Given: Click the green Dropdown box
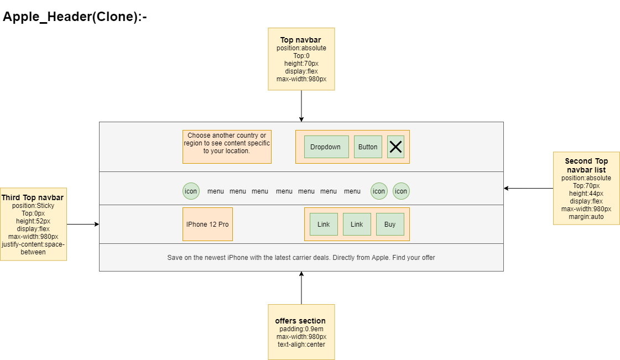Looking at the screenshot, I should [326, 147].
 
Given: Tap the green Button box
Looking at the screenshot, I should [368, 147].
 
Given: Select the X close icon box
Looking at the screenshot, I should [395, 147].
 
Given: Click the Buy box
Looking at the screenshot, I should [390, 225].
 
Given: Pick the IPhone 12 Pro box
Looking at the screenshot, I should [207, 225].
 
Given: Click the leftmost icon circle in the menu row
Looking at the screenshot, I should [191, 191].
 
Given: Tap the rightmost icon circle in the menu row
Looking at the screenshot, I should [401, 191].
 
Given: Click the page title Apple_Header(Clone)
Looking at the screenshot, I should [75, 17].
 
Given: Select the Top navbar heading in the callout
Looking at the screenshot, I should [301, 40].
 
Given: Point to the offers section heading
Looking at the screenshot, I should [300, 321].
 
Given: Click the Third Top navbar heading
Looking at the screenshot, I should [33, 198].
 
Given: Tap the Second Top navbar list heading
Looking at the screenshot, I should [586, 165].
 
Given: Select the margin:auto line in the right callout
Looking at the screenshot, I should [586, 217].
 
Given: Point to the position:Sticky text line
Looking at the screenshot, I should [33, 206].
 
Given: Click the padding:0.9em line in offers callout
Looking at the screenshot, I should [301, 329].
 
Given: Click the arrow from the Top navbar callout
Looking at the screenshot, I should [301, 105].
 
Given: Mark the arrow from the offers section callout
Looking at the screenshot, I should [301, 288].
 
